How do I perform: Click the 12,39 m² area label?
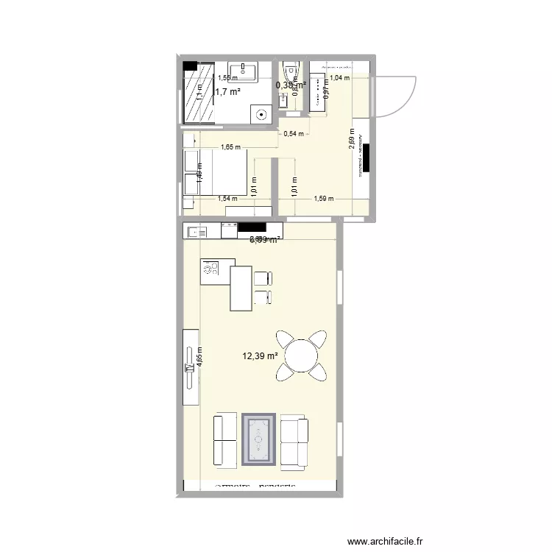[x=260, y=356]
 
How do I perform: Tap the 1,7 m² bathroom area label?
[x=227, y=92]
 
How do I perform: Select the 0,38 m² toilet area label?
[x=290, y=85]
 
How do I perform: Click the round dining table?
[x=301, y=356]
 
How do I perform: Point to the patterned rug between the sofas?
[x=259, y=439]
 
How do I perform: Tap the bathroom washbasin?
[x=243, y=72]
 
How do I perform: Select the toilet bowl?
[x=289, y=71]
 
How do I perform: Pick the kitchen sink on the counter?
[x=197, y=232]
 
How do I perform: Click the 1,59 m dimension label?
[x=323, y=199]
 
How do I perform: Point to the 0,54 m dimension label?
[x=294, y=134]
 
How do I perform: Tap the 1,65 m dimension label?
[x=230, y=147]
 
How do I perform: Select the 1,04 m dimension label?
[x=339, y=77]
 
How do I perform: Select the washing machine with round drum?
[x=261, y=114]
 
